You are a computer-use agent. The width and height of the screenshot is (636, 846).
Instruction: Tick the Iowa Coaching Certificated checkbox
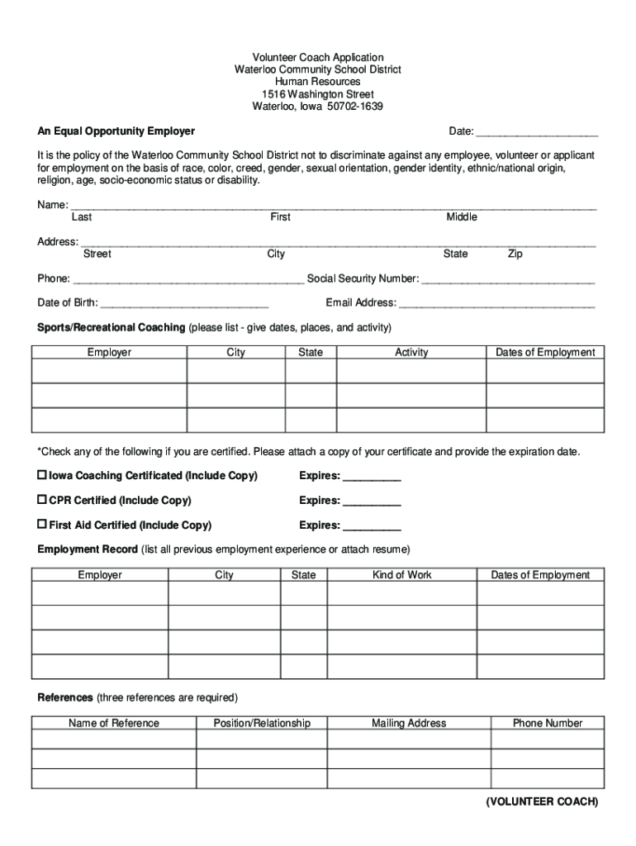point(42,475)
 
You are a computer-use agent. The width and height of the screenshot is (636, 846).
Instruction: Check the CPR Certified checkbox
point(42,500)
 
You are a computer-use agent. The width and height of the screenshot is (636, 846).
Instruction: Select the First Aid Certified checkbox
point(42,524)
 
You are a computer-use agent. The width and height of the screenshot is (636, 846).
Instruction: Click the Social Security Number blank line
point(508,280)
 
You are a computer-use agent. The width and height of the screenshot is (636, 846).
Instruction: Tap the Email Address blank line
point(496,304)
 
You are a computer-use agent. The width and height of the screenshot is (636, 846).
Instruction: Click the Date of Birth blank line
point(184,304)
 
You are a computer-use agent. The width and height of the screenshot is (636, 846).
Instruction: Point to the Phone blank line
point(187,280)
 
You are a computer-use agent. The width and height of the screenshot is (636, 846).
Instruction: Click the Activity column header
point(411,353)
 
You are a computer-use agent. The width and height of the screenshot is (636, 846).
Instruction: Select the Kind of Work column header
point(402,575)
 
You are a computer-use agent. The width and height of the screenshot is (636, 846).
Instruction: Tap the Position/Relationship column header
point(262,724)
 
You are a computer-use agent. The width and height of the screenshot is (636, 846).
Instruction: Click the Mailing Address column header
point(409,724)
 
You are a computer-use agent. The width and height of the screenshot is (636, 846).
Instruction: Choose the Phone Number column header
point(548,724)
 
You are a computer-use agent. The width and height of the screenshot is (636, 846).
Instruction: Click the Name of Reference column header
point(114,724)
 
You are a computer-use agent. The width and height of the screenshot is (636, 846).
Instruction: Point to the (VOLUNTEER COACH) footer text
point(542,802)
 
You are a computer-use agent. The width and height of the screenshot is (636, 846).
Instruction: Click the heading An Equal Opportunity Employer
point(116,131)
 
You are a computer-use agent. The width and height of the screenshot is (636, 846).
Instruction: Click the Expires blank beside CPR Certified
point(372,501)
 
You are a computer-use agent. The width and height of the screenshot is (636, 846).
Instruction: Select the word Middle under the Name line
point(462,217)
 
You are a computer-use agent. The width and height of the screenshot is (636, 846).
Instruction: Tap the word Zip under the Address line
point(515,254)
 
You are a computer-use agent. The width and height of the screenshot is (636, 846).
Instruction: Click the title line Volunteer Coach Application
point(318,58)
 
